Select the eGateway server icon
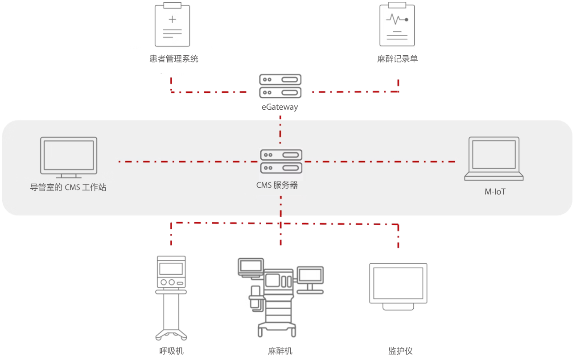coord(280,86)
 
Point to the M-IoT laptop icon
coord(494,159)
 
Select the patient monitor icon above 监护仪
coord(398,286)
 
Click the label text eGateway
coord(280,107)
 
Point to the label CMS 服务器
coord(277,185)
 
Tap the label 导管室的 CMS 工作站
coord(68,187)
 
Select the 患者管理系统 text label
coord(174,58)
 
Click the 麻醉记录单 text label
coord(397,58)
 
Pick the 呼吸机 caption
coord(171,351)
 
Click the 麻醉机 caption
coord(280,351)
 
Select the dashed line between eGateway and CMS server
coord(280,129)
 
